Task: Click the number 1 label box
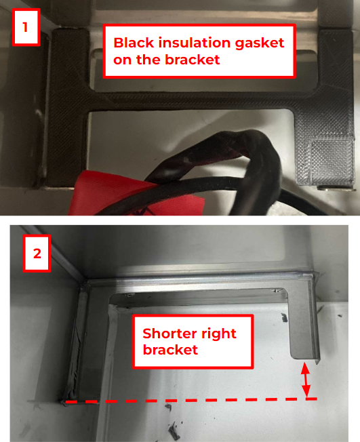click(26, 27)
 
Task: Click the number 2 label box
click(37, 253)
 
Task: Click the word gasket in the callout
click(260, 43)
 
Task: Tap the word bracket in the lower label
click(170, 350)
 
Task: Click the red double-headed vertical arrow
click(305, 380)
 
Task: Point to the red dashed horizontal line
click(191, 400)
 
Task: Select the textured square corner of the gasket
click(332, 161)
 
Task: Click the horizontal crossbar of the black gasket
click(192, 101)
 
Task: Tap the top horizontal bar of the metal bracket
click(197, 285)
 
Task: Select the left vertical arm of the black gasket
click(69, 107)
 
